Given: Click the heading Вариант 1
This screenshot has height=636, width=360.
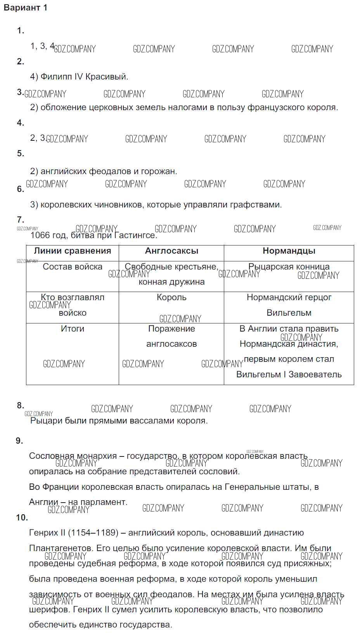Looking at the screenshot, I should pos(26,8).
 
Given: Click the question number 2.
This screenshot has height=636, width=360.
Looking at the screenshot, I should pos(20,61).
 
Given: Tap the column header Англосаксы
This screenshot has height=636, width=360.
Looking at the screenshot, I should pos(171,251).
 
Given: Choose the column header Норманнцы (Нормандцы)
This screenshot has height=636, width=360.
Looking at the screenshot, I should pos(289,251).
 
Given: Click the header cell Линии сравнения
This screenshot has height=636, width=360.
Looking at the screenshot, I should pos(73,251).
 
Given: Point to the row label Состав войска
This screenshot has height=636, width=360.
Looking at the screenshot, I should pos(73,267).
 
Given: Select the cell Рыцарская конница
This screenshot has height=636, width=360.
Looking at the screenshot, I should pos(289,267).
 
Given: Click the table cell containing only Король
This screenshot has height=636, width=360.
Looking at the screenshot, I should pos(171,297).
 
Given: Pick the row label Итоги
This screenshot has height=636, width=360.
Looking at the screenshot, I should pos(73,329).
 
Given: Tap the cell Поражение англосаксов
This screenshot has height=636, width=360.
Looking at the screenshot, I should pos(171,336).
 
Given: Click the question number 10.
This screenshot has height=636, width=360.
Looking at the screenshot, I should pos(22,517).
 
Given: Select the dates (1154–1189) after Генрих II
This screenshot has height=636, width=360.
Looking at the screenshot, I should pos(93,533).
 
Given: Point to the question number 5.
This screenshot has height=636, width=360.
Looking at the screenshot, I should pos(20,154).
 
